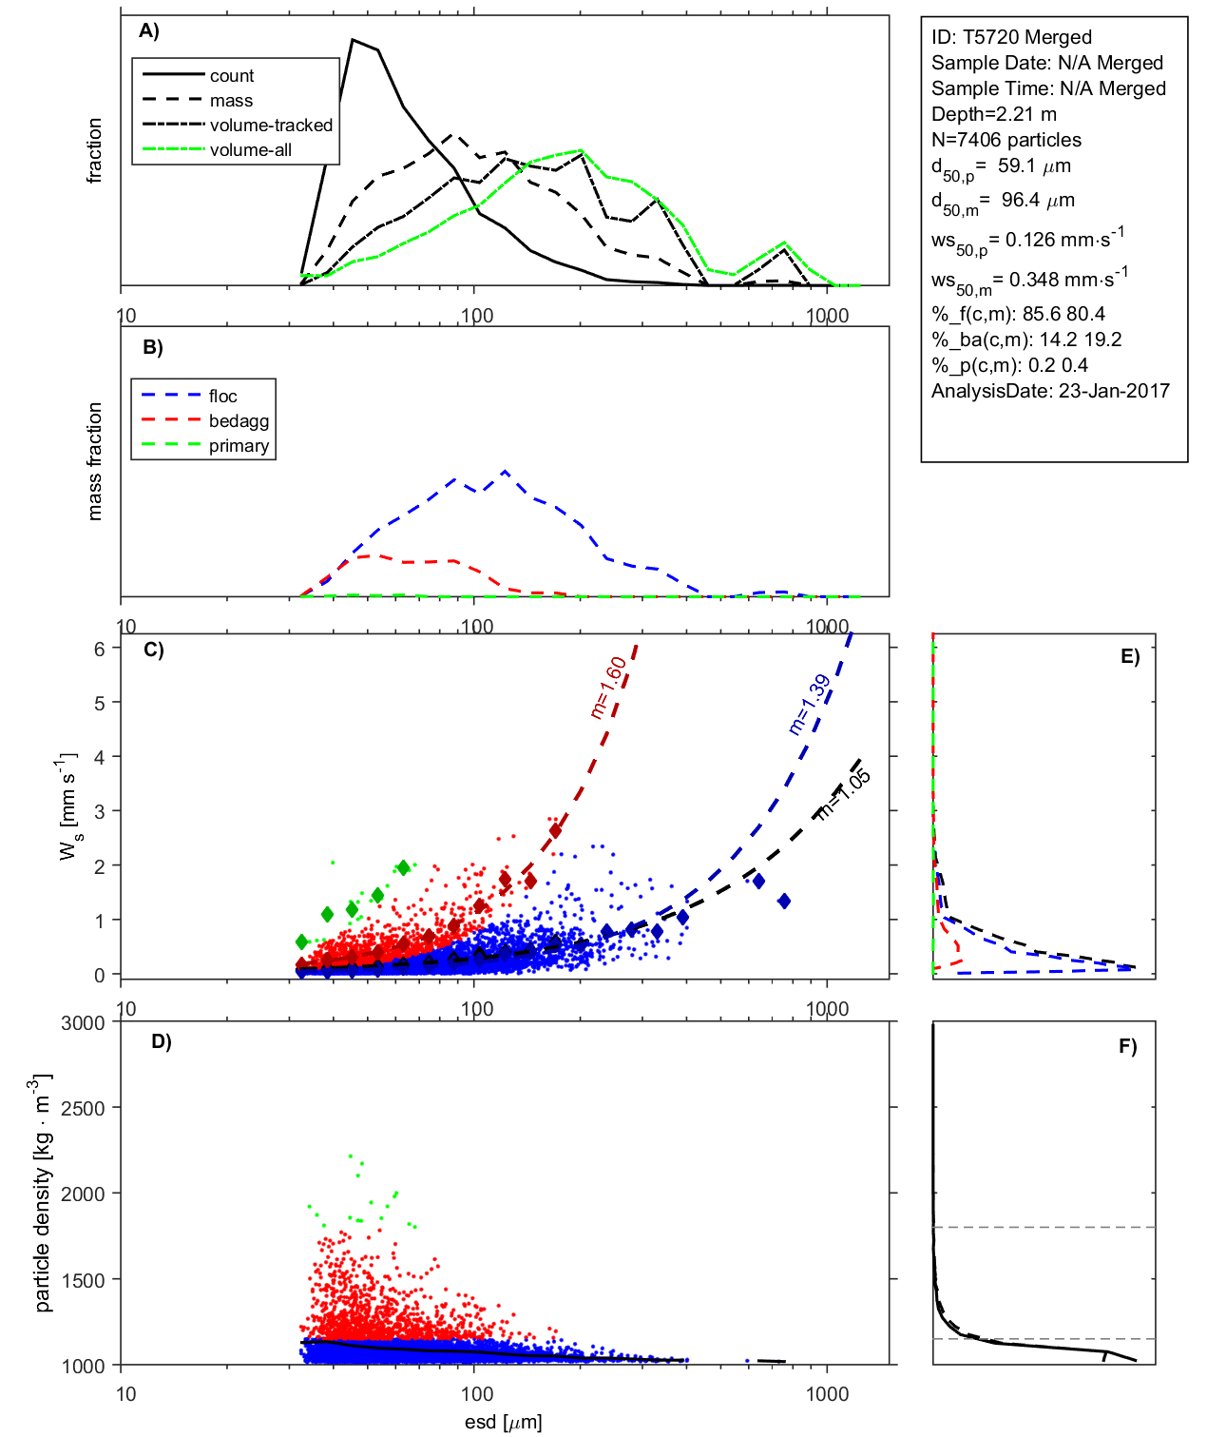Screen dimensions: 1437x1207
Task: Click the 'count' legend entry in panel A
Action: [232, 76]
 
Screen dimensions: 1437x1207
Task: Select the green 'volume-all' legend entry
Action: [250, 150]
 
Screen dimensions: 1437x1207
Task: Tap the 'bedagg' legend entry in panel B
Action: [239, 421]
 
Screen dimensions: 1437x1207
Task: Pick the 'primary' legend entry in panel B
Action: [239, 446]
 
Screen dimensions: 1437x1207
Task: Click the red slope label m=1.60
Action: [608, 687]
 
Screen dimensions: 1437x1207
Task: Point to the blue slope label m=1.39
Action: [810, 705]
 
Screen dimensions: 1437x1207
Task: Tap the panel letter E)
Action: [1130, 656]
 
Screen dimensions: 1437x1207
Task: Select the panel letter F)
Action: [1128, 1046]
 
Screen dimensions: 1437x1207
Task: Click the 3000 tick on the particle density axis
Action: [83, 1023]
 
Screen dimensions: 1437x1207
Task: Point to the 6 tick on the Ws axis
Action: [99, 649]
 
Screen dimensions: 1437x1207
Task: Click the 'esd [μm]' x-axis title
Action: [504, 1422]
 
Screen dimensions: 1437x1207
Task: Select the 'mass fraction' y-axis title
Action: [95, 461]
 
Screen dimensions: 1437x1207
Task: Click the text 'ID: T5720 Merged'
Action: [1011, 37]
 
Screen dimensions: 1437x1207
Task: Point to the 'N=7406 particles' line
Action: [1006, 140]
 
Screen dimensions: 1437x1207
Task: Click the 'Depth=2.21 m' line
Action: [993, 114]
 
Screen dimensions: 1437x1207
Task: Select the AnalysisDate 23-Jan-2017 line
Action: [1050, 391]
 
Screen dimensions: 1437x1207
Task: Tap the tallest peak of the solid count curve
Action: [353, 40]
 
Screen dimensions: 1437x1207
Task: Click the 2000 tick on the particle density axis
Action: [83, 1194]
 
